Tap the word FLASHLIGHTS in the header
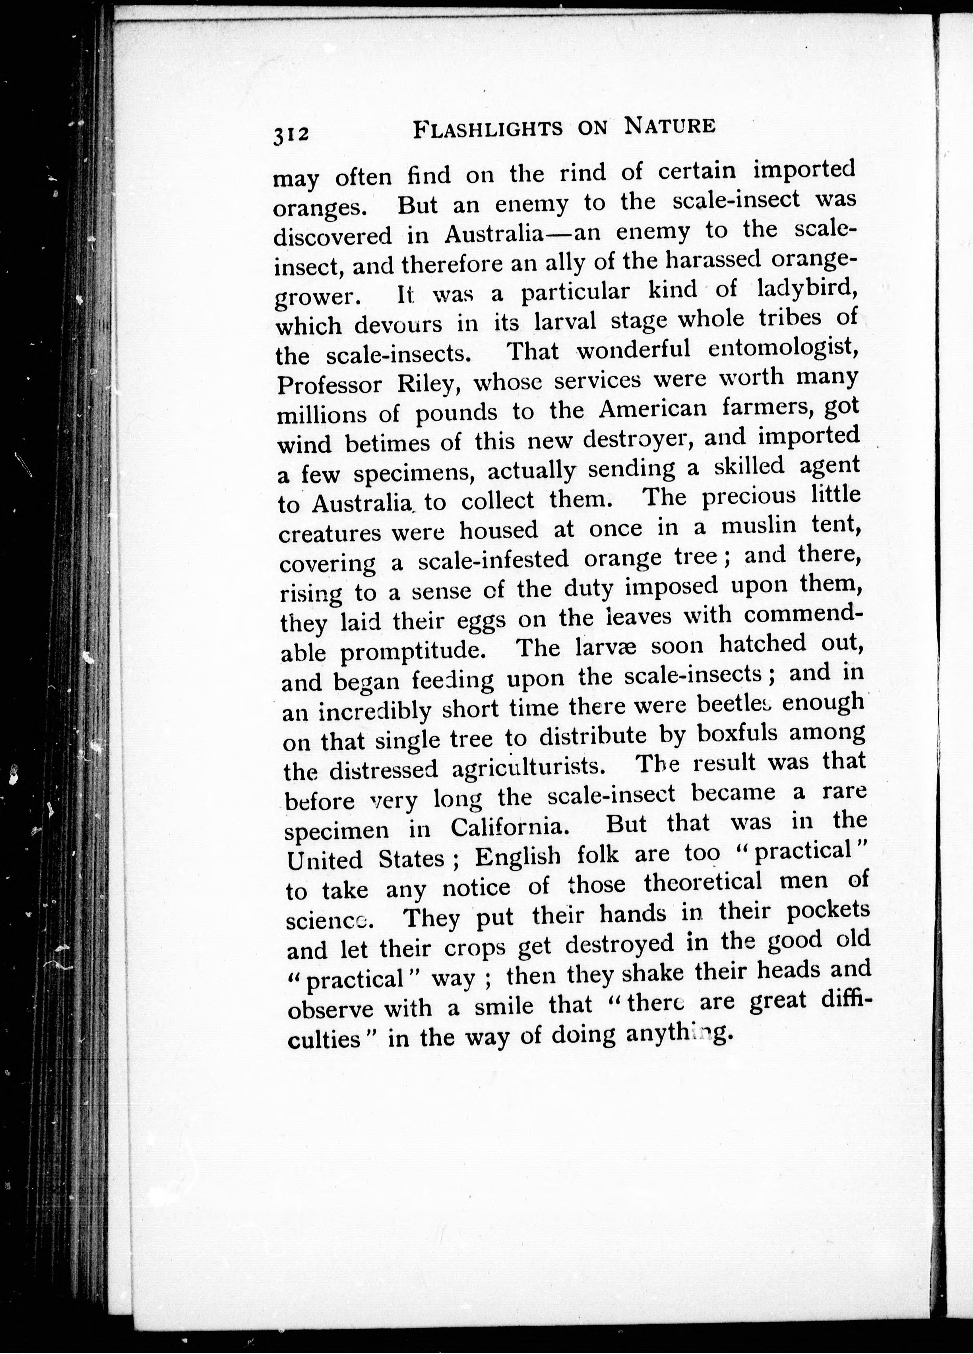[488, 129]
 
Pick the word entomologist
[783, 349]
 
